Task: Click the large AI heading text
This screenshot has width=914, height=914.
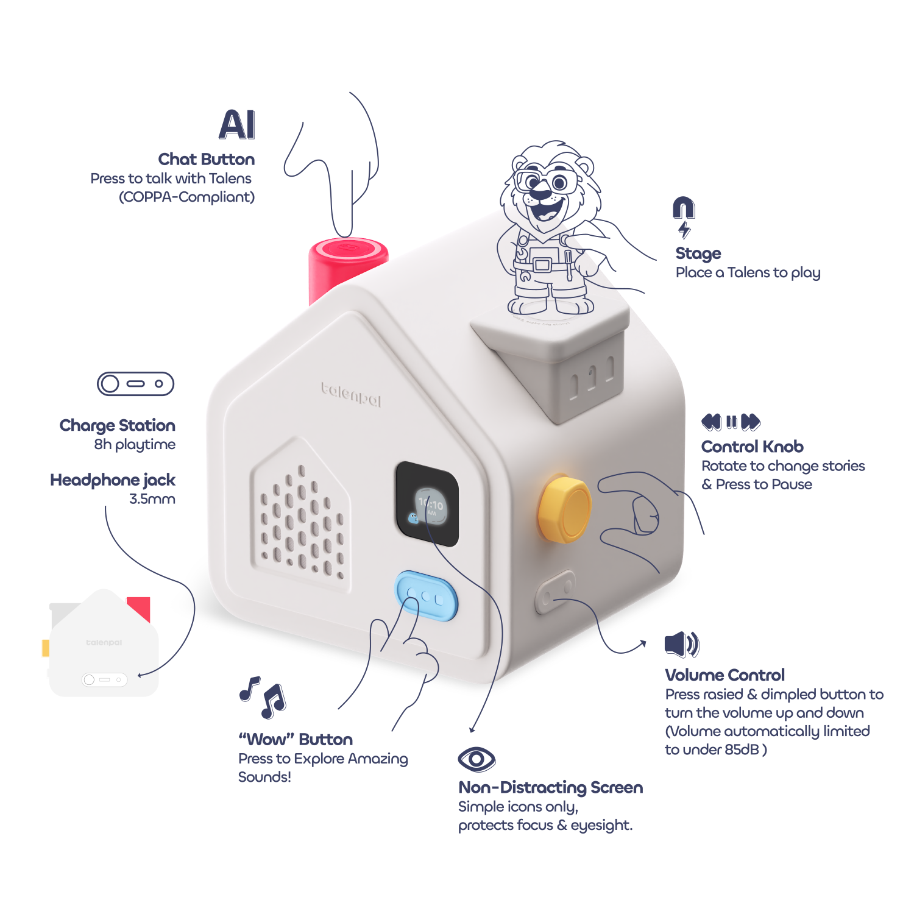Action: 237,125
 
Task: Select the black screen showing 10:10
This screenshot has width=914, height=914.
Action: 427,505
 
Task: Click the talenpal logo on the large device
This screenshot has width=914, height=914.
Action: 351,394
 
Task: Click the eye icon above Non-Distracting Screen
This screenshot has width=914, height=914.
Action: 476,759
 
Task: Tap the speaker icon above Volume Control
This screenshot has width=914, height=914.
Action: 682,644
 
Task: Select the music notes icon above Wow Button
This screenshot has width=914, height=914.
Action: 263,696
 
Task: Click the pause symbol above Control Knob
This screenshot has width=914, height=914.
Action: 731,422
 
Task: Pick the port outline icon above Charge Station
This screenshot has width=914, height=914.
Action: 135,384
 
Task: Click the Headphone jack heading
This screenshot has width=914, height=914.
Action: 113,480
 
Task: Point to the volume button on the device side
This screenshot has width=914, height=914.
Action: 555,592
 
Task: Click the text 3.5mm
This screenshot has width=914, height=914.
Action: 152,499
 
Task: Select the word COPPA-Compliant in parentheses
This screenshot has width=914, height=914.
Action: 186,197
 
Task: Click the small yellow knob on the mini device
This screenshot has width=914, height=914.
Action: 46,648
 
